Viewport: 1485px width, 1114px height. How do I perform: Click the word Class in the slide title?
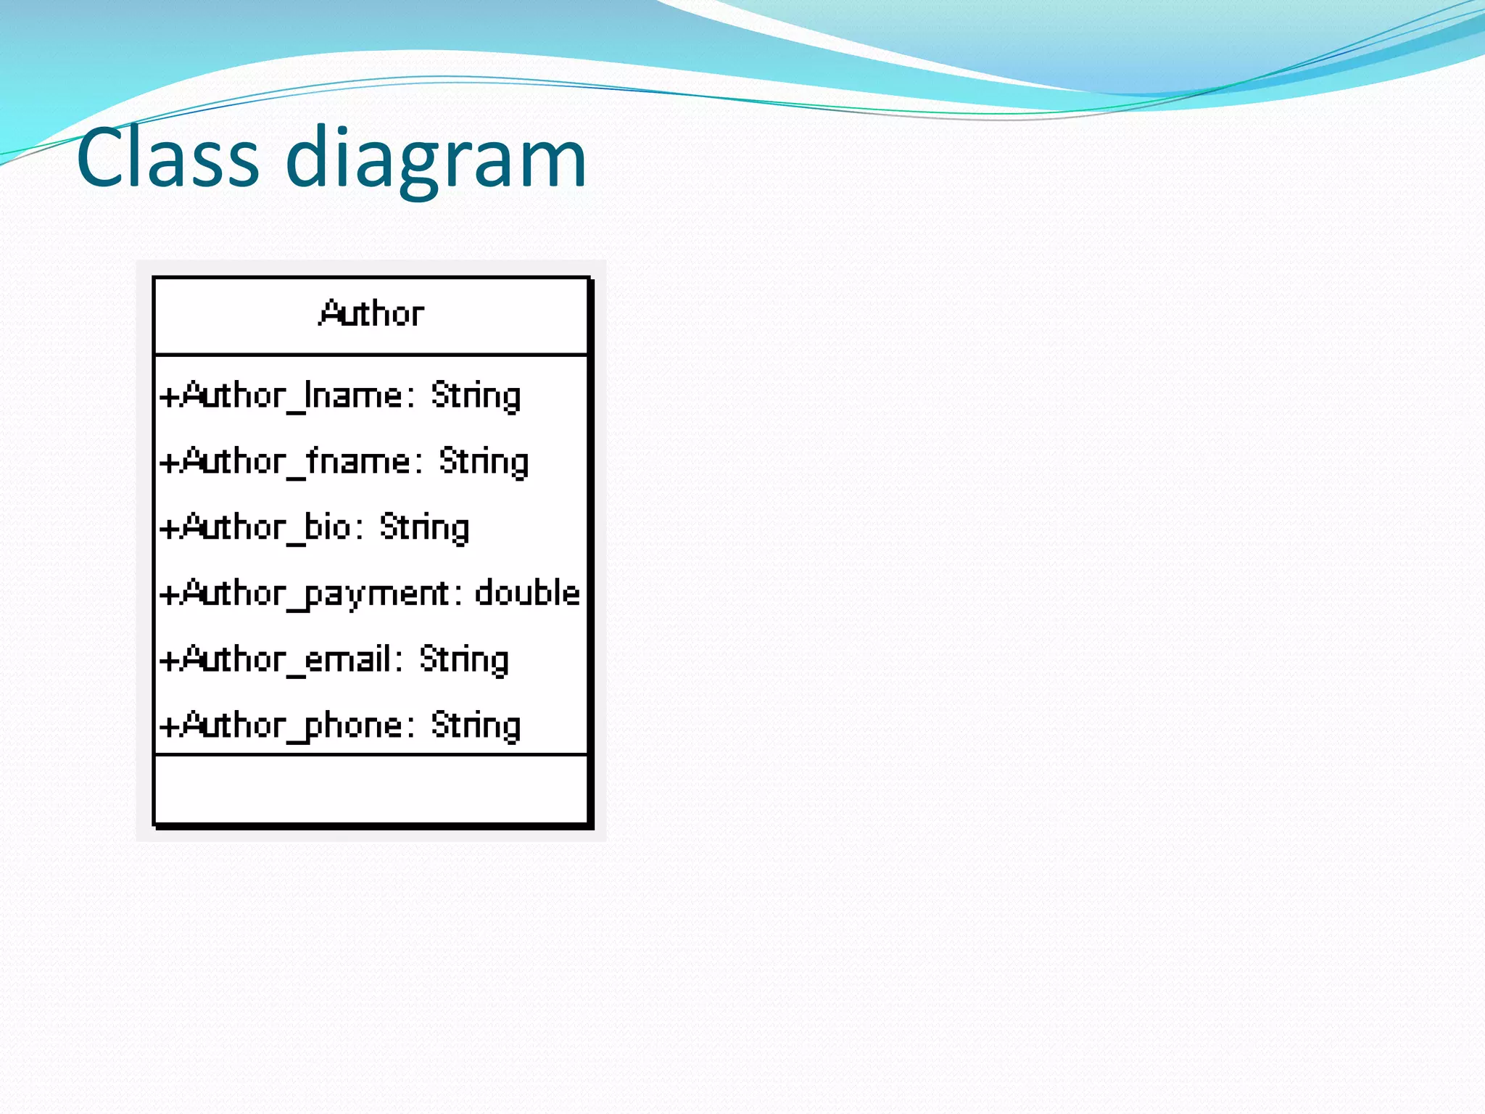point(167,157)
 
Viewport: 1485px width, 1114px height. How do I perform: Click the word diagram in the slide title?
point(436,157)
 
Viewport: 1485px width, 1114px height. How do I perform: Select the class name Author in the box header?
point(371,314)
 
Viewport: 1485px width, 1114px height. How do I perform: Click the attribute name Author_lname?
point(291,397)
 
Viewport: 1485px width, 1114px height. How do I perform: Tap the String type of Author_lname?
point(476,397)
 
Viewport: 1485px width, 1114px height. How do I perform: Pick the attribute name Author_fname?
point(295,462)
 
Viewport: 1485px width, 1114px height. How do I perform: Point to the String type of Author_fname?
point(484,462)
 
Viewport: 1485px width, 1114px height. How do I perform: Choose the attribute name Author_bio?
point(265,528)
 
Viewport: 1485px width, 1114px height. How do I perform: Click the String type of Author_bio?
point(424,528)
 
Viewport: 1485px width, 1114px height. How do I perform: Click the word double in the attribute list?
point(527,593)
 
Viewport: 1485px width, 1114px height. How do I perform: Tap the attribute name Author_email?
point(285,659)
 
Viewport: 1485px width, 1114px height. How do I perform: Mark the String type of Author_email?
point(464,660)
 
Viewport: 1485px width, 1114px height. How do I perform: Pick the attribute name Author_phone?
point(291,726)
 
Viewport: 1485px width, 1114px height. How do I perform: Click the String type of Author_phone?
point(476,726)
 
